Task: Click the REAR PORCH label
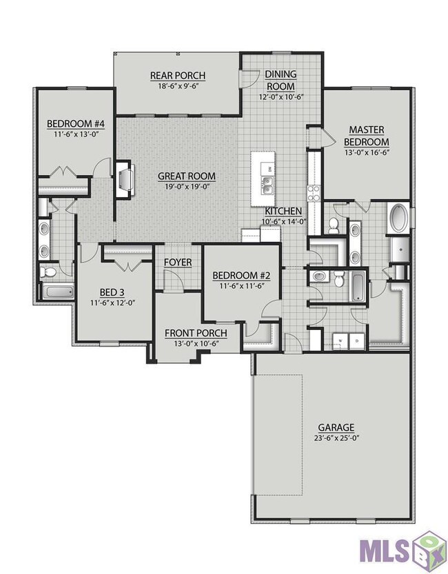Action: pyautogui.click(x=178, y=75)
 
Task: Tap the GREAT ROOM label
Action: pyautogui.click(x=187, y=176)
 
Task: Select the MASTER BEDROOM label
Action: pyautogui.click(x=367, y=136)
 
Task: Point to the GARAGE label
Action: pyautogui.click(x=336, y=427)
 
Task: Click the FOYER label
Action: pyautogui.click(x=178, y=263)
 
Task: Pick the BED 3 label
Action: pyautogui.click(x=112, y=292)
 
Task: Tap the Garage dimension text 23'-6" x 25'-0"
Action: pyautogui.click(x=336, y=438)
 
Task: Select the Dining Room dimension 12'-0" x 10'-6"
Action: pyautogui.click(x=282, y=96)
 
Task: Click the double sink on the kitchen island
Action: pyautogui.click(x=267, y=185)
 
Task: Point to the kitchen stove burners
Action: pyautogui.click(x=314, y=194)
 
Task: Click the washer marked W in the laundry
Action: pyautogui.click(x=340, y=341)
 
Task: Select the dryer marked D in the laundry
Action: pyautogui.click(x=357, y=341)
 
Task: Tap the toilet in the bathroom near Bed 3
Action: pyautogui.click(x=48, y=272)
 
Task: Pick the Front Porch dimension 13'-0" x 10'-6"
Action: pyautogui.click(x=196, y=343)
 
